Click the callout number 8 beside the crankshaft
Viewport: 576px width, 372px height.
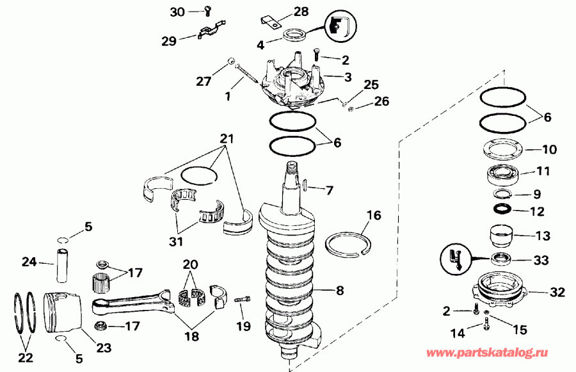pyautogui.click(x=340, y=291)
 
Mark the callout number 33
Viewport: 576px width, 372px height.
pyautogui.click(x=541, y=260)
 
